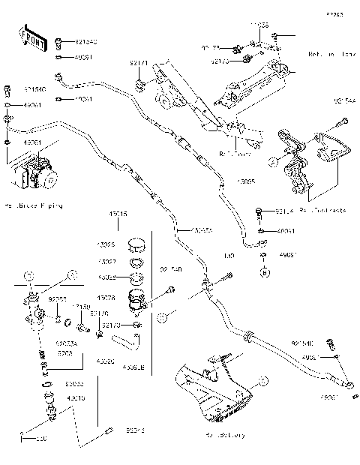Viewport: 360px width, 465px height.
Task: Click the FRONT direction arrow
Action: (30, 38)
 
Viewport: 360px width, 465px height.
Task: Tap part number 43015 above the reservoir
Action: (118, 214)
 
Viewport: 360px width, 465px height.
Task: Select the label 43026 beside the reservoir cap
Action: (106, 245)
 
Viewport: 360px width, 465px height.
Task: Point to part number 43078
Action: (106, 297)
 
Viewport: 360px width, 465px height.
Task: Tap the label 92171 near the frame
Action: (137, 66)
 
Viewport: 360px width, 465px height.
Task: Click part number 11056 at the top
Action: (260, 25)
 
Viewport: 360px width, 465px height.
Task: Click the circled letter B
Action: (264, 274)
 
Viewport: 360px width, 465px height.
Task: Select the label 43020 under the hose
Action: (106, 361)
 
